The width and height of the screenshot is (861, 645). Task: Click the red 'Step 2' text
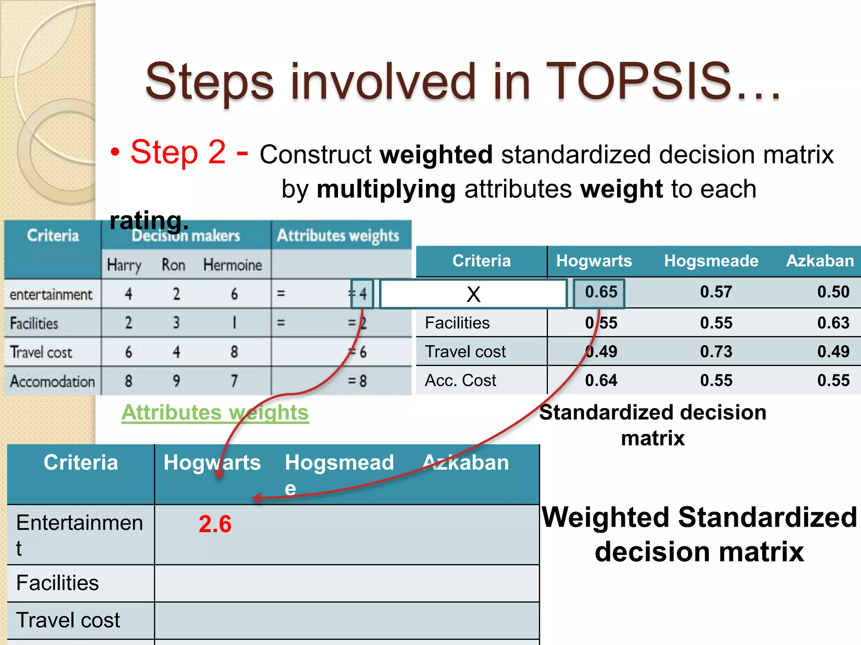(x=178, y=152)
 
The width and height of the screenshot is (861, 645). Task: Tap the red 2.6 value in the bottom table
(x=215, y=524)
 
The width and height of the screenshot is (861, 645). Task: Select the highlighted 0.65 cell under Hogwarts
(x=600, y=292)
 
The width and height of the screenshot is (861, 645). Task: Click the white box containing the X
(x=473, y=294)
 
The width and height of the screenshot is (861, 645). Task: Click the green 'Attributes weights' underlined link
(x=215, y=412)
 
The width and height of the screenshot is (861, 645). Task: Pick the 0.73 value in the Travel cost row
(x=716, y=351)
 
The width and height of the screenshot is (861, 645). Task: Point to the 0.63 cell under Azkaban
(x=833, y=323)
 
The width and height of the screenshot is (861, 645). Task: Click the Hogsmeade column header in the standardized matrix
(x=711, y=261)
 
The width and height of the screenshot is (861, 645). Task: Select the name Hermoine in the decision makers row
(x=232, y=265)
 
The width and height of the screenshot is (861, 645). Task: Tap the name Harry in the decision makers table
(x=124, y=265)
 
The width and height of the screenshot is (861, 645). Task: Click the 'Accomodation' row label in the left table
(x=53, y=381)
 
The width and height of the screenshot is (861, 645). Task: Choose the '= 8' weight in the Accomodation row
(x=357, y=381)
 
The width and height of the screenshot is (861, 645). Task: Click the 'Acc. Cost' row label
(x=460, y=380)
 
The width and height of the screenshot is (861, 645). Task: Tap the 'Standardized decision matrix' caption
(x=652, y=425)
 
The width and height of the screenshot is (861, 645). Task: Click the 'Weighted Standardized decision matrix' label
(x=699, y=534)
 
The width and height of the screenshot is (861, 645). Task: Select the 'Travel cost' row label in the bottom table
(x=68, y=620)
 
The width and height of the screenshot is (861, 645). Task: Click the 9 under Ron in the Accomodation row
(x=176, y=381)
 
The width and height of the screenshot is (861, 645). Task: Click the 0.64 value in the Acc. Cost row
(x=601, y=380)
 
